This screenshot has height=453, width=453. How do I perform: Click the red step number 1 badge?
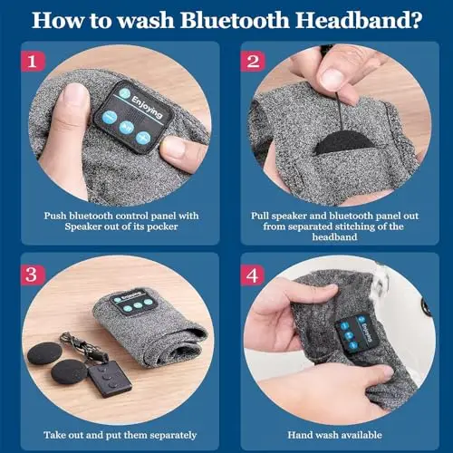click(x=33, y=62)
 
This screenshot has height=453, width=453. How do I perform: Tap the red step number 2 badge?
click(x=253, y=62)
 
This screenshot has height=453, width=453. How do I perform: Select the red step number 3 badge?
click(x=33, y=275)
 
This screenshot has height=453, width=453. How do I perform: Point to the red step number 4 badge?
click(x=253, y=275)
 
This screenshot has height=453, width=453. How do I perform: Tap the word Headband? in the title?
click(x=359, y=21)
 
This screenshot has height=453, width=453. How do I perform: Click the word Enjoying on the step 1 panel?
click(x=147, y=107)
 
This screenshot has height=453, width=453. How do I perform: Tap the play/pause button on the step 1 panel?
click(x=126, y=128)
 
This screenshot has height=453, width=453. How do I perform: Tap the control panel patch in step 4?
click(x=358, y=332)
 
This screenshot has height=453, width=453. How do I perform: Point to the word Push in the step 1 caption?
click(x=55, y=216)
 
